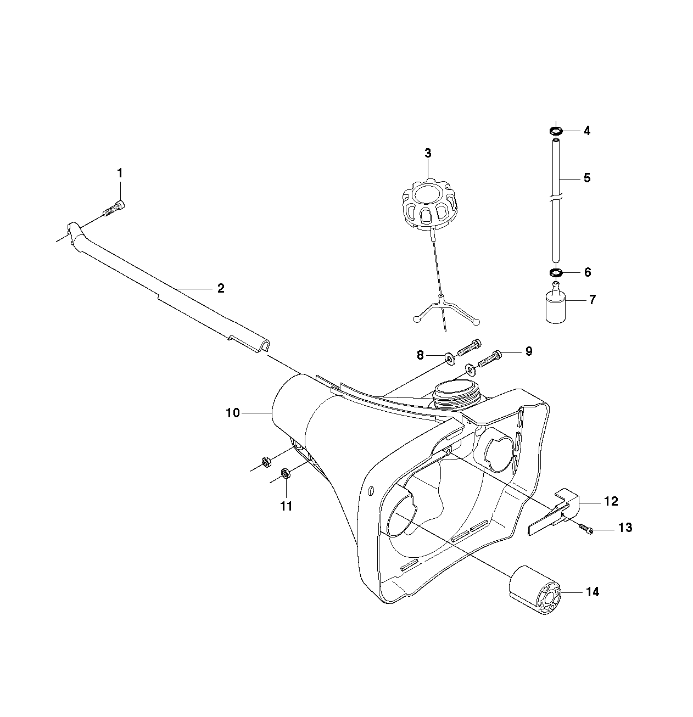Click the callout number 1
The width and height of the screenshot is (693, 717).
120,173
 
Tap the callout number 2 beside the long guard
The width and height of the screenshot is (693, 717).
221,288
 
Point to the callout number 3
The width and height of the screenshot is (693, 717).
428,153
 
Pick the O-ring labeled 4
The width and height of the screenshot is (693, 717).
556,131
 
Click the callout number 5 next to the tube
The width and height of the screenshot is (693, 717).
587,178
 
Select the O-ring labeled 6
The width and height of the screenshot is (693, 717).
556,273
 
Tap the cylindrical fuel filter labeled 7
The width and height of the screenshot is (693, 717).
556,306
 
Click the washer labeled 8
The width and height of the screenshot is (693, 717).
449,358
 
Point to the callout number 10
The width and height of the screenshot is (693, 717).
233,413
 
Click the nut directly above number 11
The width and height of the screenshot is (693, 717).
286,473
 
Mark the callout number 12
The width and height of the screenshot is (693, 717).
611,501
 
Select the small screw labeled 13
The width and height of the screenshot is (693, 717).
586,530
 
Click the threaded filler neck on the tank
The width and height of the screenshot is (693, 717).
457,395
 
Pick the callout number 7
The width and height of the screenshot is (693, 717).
593,300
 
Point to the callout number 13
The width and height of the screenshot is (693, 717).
625,528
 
